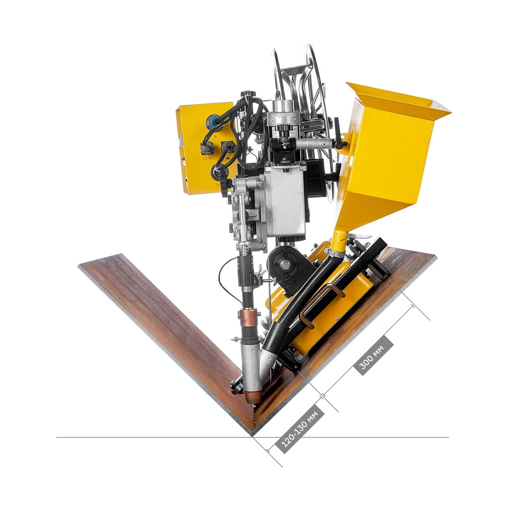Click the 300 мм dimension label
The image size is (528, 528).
tap(373, 356)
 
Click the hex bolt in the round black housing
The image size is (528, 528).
tap(284, 265)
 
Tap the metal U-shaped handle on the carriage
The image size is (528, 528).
tap(319, 304)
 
